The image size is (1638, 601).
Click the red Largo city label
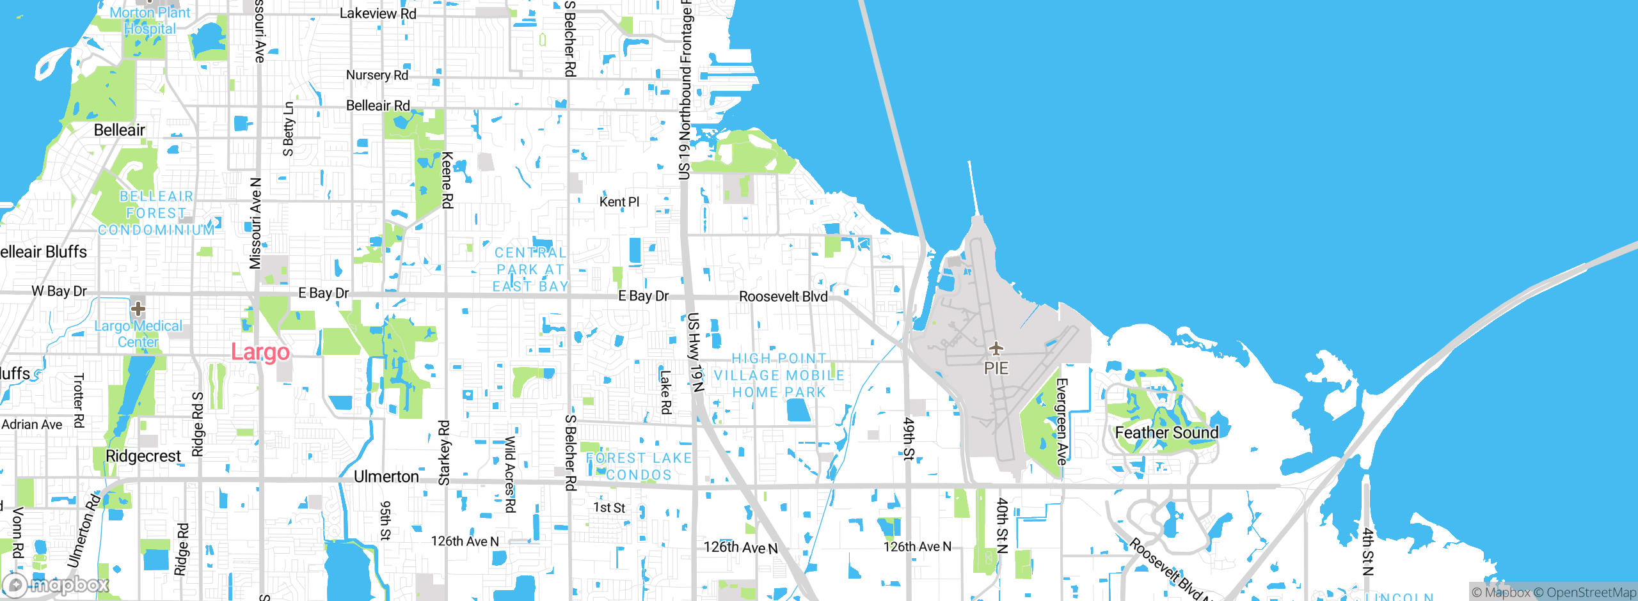coord(260,352)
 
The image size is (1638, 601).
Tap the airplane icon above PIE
coord(996,348)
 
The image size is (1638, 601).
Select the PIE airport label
coord(996,368)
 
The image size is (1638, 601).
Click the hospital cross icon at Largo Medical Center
coord(138,309)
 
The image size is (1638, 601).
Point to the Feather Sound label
coord(1166,433)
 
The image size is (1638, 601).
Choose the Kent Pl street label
coord(619,202)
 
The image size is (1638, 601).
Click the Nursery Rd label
coord(377,75)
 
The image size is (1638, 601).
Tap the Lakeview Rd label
coord(378,13)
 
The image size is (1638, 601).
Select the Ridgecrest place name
coord(143,457)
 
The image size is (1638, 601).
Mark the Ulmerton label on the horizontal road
coord(386,477)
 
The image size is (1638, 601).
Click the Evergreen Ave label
coord(1062,421)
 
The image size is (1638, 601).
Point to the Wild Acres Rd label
coord(510,474)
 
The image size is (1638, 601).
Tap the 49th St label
coord(909,439)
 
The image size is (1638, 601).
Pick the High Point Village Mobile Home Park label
coord(779,375)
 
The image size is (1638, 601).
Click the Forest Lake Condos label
coord(639,466)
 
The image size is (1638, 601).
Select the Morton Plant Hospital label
coord(150,20)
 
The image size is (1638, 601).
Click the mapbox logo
coord(56,584)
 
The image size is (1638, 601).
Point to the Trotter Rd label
coord(78,401)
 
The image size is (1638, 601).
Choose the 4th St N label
coord(1368,551)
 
